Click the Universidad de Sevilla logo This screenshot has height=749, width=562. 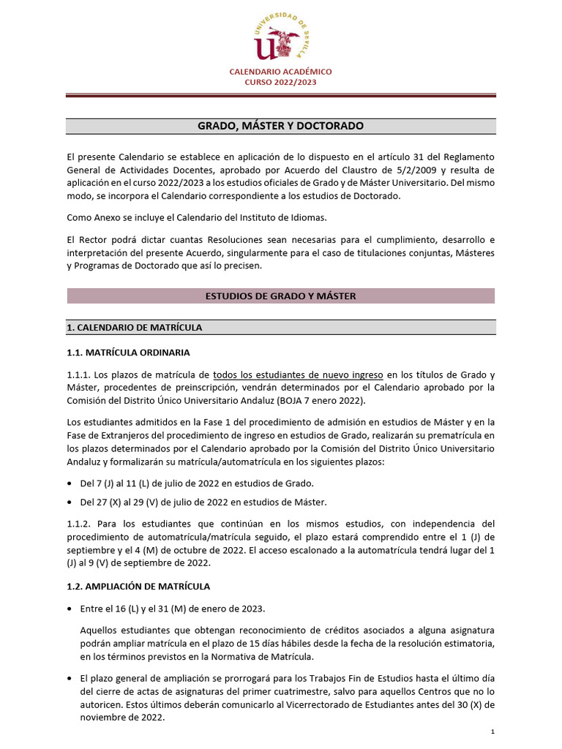(x=280, y=36)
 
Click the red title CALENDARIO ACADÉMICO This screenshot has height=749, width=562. (x=280, y=72)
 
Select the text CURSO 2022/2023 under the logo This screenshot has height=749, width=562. (x=280, y=83)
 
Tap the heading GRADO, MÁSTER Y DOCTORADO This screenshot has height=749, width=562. (x=280, y=127)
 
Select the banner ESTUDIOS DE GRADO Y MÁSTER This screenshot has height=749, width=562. (x=280, y=296)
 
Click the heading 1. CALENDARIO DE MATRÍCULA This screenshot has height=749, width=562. (x=134, y=327)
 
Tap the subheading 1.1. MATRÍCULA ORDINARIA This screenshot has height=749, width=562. (x=128, y=353)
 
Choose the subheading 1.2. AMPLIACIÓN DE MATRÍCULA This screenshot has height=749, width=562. (x=138, y=586)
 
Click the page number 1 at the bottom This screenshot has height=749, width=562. (x=492, y=732)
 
